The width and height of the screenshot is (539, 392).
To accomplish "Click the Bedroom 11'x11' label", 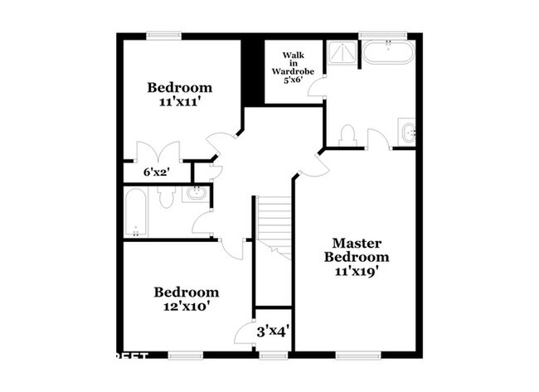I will [181, 94].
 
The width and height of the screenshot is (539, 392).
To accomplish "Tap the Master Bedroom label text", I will [357, 257].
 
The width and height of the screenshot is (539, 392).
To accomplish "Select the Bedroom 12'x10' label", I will [187, 299].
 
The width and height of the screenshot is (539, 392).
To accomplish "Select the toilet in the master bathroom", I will [348, 135].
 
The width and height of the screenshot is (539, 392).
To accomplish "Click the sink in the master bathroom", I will [406, 132].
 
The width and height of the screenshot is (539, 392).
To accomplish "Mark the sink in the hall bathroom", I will [196, 194].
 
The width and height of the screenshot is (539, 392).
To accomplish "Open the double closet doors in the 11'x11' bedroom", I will [158, 152].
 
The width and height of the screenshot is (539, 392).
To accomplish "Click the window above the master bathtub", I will [387, 36].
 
